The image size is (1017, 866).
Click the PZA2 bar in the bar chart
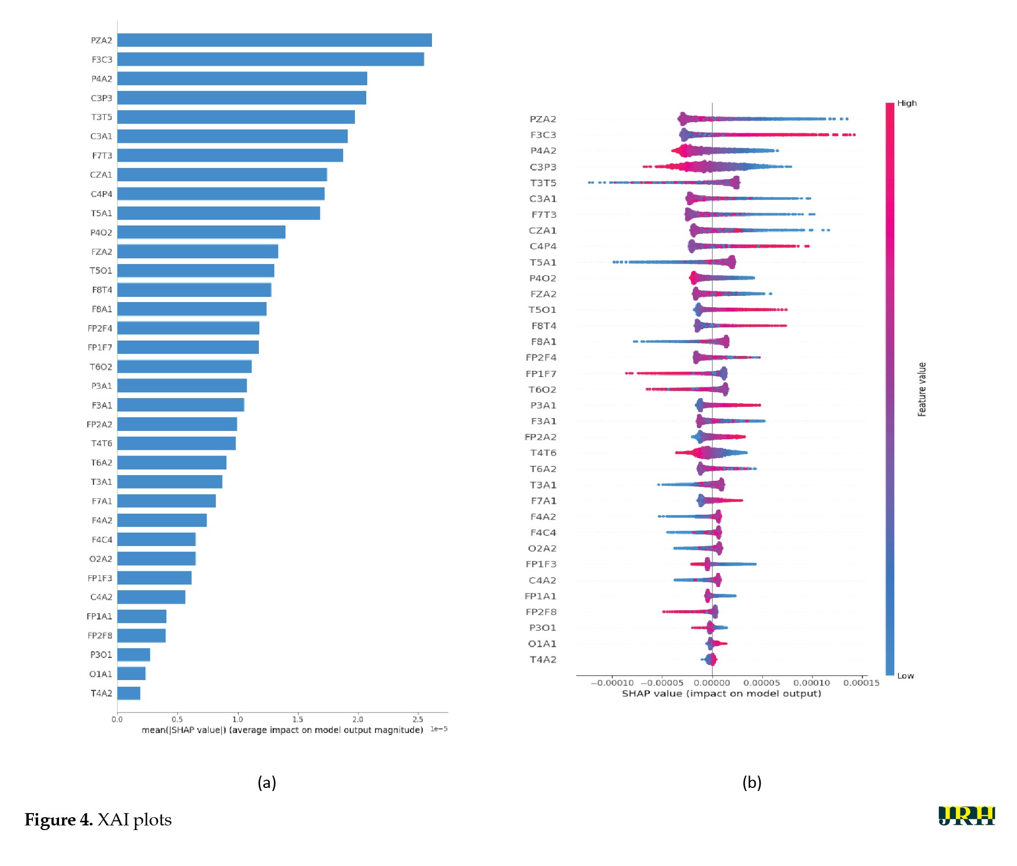tap(274, 40)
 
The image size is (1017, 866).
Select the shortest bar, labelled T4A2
tap(128, 693)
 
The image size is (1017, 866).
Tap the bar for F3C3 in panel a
tap(271, 59)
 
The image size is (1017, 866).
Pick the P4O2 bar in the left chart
tap(201, 232)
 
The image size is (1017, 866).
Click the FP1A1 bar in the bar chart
tap(142, 616)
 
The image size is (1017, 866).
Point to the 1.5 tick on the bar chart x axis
tap(297, 719)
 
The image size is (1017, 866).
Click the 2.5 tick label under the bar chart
tap(418, 719)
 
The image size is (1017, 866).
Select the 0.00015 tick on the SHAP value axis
tap(861, 683)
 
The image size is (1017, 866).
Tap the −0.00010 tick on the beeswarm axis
tap(612, 683)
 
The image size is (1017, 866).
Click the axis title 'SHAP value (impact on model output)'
tap(721, 693)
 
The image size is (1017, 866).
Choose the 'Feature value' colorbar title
tap(922, 389)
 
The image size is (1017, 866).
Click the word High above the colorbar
tap(907, 103)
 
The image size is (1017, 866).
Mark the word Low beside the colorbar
tap(906, 676)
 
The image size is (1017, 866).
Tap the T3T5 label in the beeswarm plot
tap(543, 183)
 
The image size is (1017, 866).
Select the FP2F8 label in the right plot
tap(541, 612)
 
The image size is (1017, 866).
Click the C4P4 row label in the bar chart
tap(101, 194)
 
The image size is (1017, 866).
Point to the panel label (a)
tap(267, 782)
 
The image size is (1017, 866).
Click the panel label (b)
tap(751, 782)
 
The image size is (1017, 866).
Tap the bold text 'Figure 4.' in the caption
tap(59, 820)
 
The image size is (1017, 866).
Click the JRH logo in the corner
tap(966, 816)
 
